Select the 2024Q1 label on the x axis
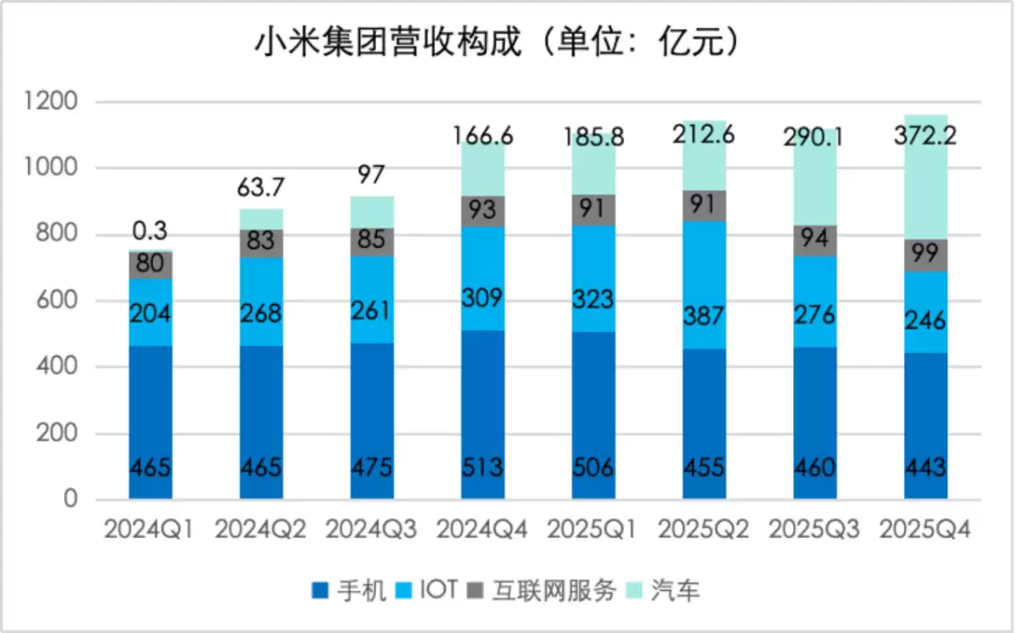[149, 529]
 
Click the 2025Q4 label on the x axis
[925, 529]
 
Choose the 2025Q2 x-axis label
[703, 529]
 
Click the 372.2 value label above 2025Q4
[925, 138]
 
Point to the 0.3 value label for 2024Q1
[149, 229]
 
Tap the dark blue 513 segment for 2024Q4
[482, 413]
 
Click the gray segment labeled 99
[925, 255]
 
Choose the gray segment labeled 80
[149, 265]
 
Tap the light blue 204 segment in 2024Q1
[149, 312]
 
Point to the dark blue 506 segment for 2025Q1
[593, 413]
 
